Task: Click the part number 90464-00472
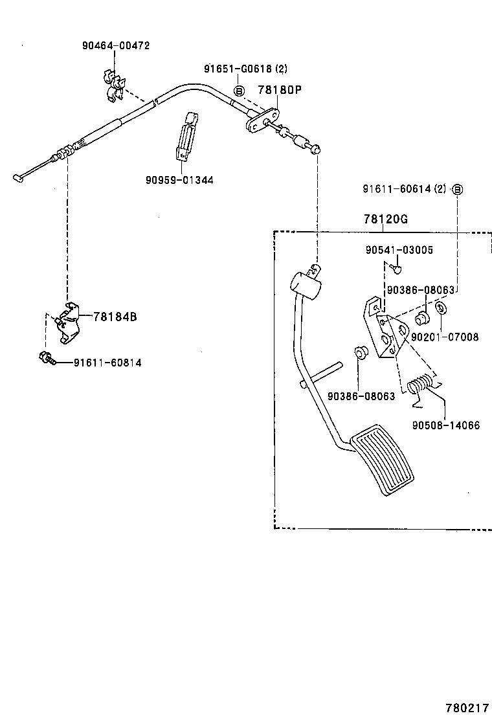pyautogui.click(x=116, y=46)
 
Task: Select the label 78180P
pyautogui.click(x=280, y=91)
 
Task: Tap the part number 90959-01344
pyautogui.click(x=179, y=179)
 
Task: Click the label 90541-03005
pyautogui.click(x=399, y=250)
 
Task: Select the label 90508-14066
pyautogui.click(x=445, y=425)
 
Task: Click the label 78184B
pyautogui.click(x=115, y=317)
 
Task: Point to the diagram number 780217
pyautogui.click(x=466, y=708)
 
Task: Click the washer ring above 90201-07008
pyautogui.click(x=441, y=308)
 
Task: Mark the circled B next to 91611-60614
pyautogui.click(x=458, y=189)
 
